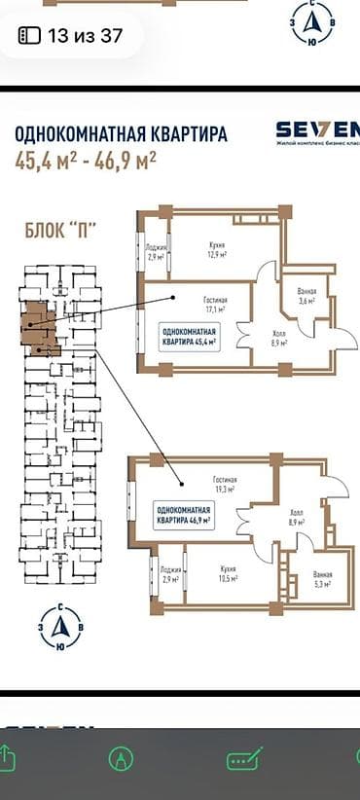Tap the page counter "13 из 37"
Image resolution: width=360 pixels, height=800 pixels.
tap(72, 36)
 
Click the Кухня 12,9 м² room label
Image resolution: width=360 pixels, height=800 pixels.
tap(211, 250)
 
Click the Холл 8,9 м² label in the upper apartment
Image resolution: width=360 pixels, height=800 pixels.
tap(277, 338)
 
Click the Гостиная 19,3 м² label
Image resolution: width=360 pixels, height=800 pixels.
tap(226, 484)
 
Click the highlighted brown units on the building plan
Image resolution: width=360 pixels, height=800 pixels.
tap(39, 325)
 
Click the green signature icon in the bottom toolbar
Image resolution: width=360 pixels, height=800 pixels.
tap(239, 758)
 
